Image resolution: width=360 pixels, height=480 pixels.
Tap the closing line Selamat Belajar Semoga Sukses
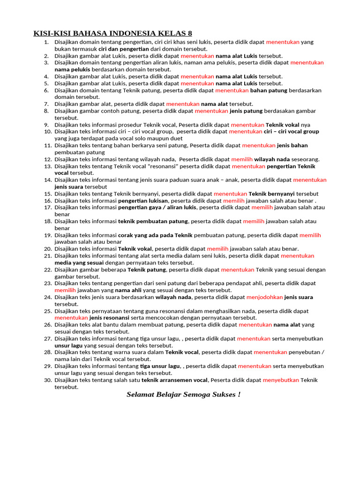pos(183,394)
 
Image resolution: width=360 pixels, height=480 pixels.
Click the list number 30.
pos(47,380)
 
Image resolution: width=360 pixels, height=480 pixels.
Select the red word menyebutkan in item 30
pos(281,380)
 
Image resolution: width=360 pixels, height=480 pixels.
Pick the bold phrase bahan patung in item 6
pos(268,90)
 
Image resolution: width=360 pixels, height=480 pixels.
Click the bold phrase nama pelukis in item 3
pos(72,69)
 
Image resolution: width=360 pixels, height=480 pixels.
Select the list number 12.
pos(47,159)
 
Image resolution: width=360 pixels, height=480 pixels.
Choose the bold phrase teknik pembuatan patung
pos(153,221)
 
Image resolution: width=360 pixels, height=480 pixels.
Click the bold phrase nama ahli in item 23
pos(128,290)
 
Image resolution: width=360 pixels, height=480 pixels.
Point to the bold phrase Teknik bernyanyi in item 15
pos(271,194)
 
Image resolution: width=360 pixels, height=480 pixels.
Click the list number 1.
pos(46,42)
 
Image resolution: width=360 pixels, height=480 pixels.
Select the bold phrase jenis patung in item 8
pos(246,111)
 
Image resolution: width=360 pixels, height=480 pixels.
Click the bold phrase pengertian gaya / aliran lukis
pos(157,207)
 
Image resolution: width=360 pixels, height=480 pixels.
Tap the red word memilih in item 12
pos(242,159)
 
